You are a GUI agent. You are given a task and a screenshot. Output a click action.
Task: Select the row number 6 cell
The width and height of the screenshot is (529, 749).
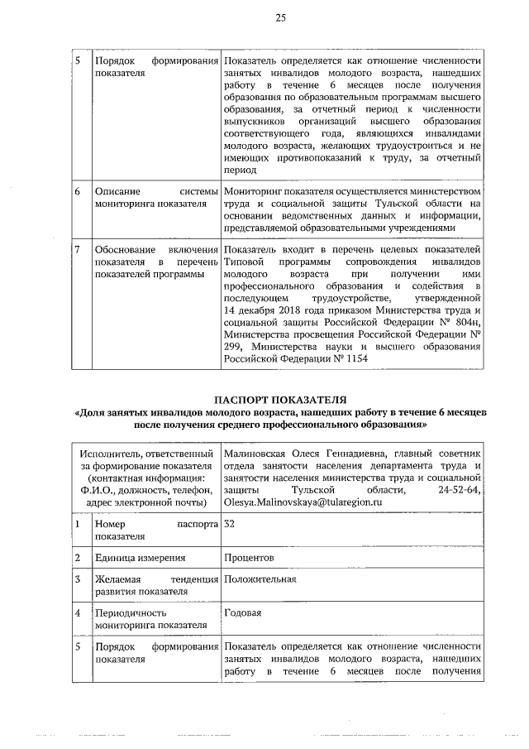pos(76,191)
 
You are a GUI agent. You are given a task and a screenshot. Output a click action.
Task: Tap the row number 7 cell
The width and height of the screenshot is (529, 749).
pos(76,249)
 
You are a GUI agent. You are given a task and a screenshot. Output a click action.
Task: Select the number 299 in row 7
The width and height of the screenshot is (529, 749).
pos(235,347)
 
